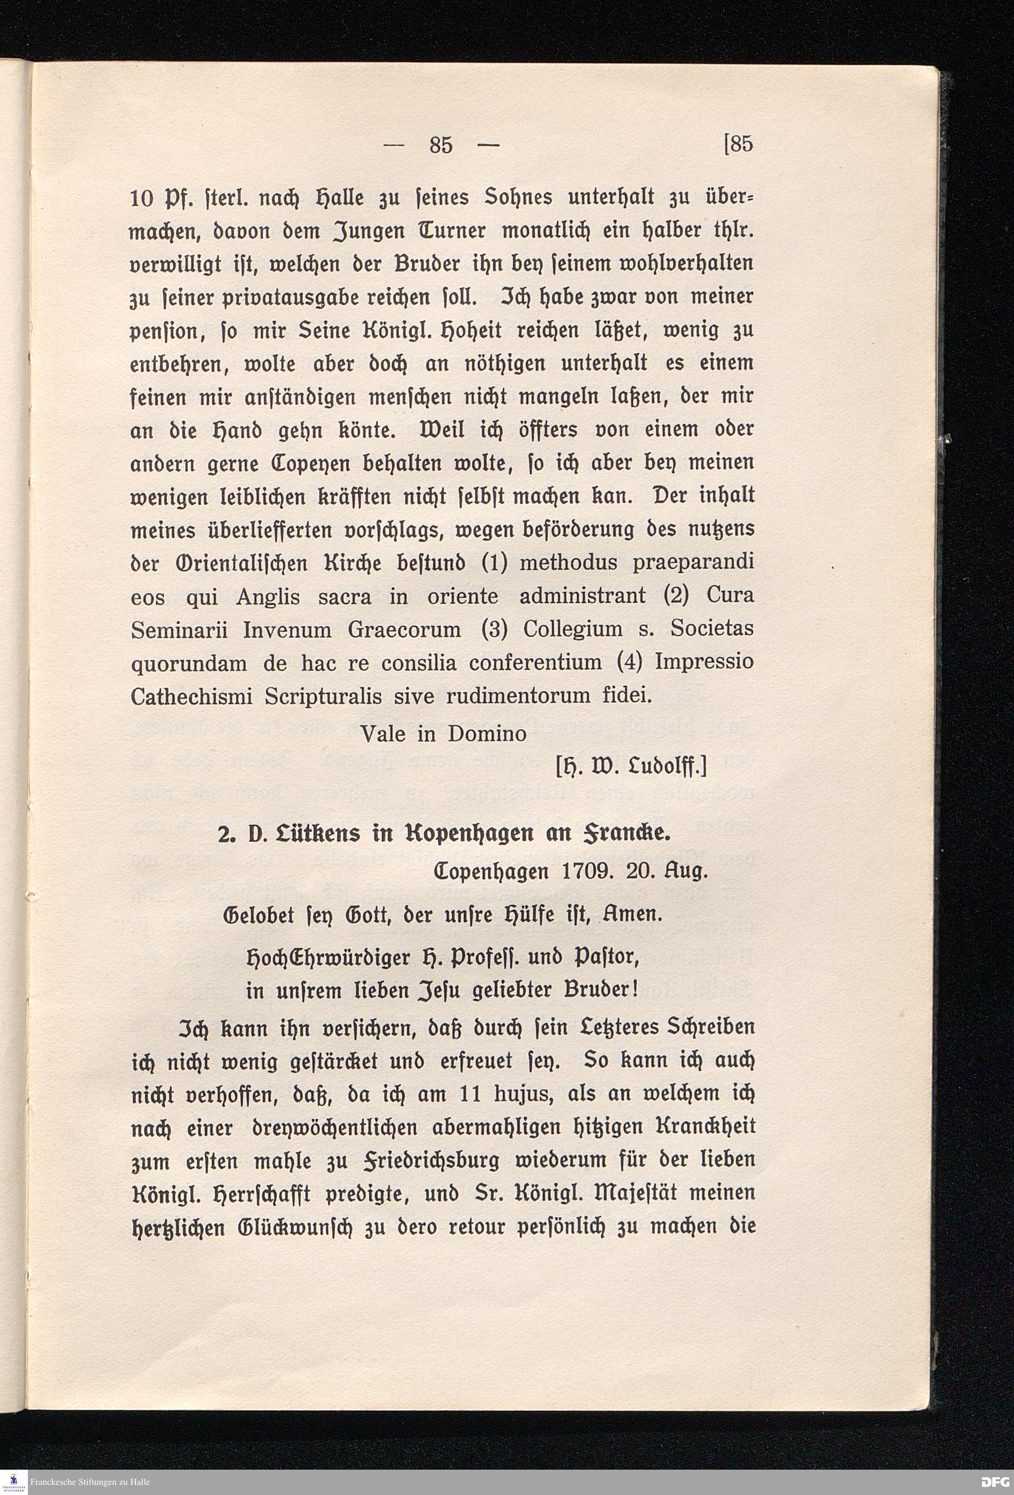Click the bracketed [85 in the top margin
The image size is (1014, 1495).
tap(738, 144)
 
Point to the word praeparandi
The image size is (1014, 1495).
tap(693, 564)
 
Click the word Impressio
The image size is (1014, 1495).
tap(704, 662)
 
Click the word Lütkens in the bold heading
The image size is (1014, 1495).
tap(309, 834)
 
